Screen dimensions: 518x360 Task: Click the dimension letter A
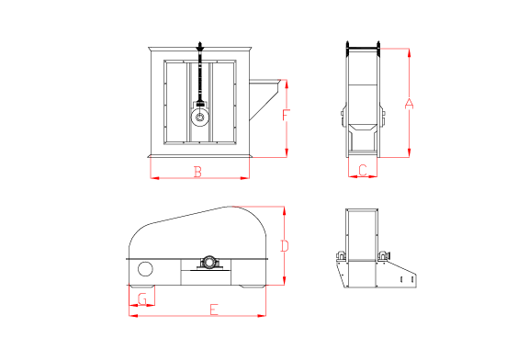(x=409, y=104)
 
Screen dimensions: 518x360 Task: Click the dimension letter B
(x=197, y=172)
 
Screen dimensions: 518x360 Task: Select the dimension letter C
(x=363, y=170)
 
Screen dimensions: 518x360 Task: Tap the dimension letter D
(x=285, y=246)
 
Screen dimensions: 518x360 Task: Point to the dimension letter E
(x=214, y=309)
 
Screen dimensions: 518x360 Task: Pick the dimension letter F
(x=286, y=115)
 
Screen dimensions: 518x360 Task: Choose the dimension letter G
(x=142, y=298)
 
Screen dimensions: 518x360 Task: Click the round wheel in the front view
(x=199, y=118)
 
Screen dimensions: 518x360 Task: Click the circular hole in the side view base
(x=145, y=269)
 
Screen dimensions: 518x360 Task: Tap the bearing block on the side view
(x=209, y=263)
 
